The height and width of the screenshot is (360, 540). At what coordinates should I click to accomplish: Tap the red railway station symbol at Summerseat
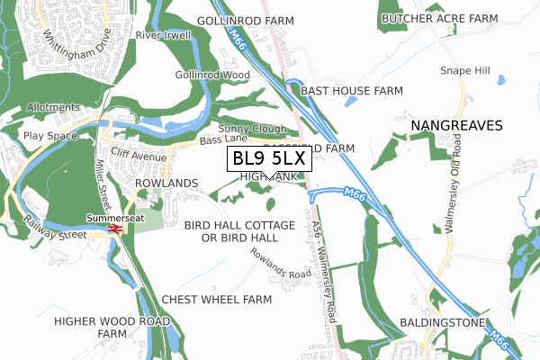click(114, 229)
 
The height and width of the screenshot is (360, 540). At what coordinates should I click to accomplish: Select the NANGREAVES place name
click(455, 125)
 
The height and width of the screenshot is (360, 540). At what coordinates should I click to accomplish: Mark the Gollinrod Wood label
click(212, 75)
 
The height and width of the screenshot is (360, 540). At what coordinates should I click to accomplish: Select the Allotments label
click(53, 107)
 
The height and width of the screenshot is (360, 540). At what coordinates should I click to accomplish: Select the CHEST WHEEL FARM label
click(217, 299)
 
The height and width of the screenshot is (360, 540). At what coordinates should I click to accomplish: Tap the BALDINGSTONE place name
click(442, 322)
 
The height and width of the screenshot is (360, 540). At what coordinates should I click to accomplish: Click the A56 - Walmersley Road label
click(326, 254)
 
